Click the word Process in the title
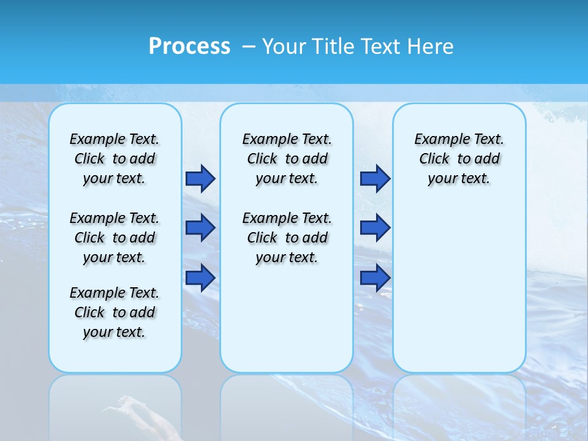tap(189, 47)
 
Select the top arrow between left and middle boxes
tap(200, 178)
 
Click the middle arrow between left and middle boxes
tap(200, 228)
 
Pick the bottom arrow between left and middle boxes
tap(200, 277)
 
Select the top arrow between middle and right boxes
tap(375, 178)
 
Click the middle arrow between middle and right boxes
tap(375, 228)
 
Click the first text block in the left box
tap(115, 159)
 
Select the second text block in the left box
tap(115, 238)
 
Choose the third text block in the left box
tap(115, 312)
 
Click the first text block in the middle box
tap(287, 159)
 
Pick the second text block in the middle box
tap(287, 238)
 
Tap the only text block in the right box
tap(459, 159)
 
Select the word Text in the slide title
tap(382, 47)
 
